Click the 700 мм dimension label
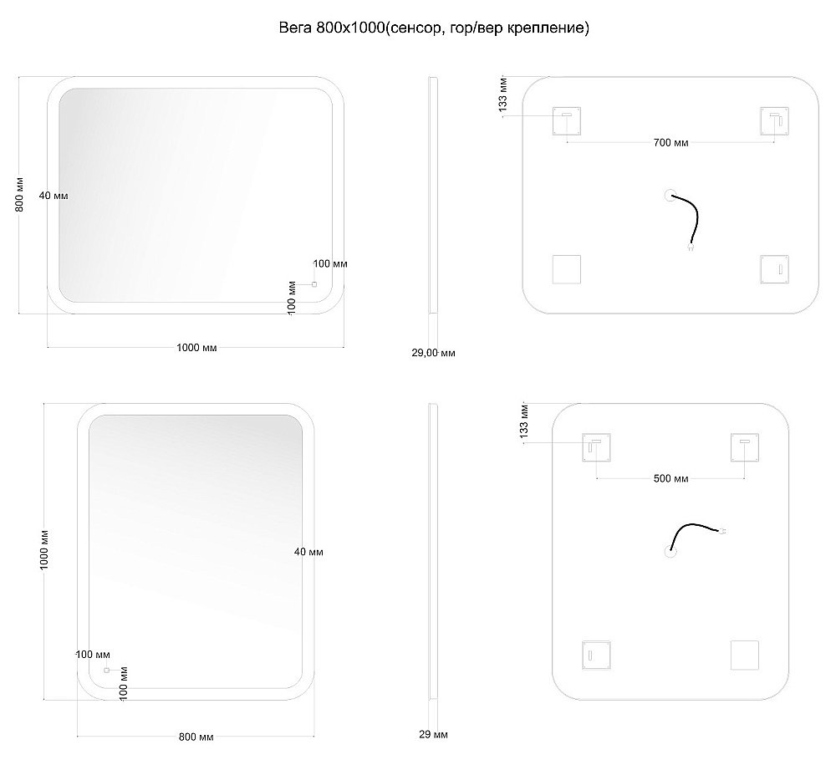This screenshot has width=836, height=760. click(x=670, y=143)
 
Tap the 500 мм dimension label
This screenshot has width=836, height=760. click(x=670, y=479)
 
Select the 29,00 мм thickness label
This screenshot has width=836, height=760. click(x=433, y=353)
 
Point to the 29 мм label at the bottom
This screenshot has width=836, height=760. click(x=433, y=734)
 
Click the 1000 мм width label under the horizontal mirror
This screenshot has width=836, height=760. click(x=196, y=348)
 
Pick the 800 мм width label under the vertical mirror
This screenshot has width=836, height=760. click(x=196, y=737)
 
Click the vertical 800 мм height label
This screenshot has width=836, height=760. click(x=19, y=194)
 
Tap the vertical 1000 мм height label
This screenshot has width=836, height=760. click(x=44, y=550)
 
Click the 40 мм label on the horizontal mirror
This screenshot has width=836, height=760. click(x=54, y=196)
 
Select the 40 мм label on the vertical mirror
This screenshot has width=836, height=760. click(x=308, y=552)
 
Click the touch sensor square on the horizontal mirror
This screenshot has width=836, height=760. click(x=314, y=284)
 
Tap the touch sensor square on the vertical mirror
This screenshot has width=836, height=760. click(x=107, y=670)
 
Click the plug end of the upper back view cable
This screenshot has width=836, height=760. click(x=691, y=247)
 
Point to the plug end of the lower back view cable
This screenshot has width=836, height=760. click(x=723, y=531)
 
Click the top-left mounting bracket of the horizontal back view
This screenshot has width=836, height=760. click(x=567, y=121)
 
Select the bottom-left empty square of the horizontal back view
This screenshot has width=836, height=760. click(x=567, y=269)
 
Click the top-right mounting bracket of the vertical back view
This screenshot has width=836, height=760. click(x=745, y=447)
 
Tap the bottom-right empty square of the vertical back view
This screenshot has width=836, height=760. click(x=745, y=655)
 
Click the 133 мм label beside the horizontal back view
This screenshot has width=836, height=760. click(x=502, y=94)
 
